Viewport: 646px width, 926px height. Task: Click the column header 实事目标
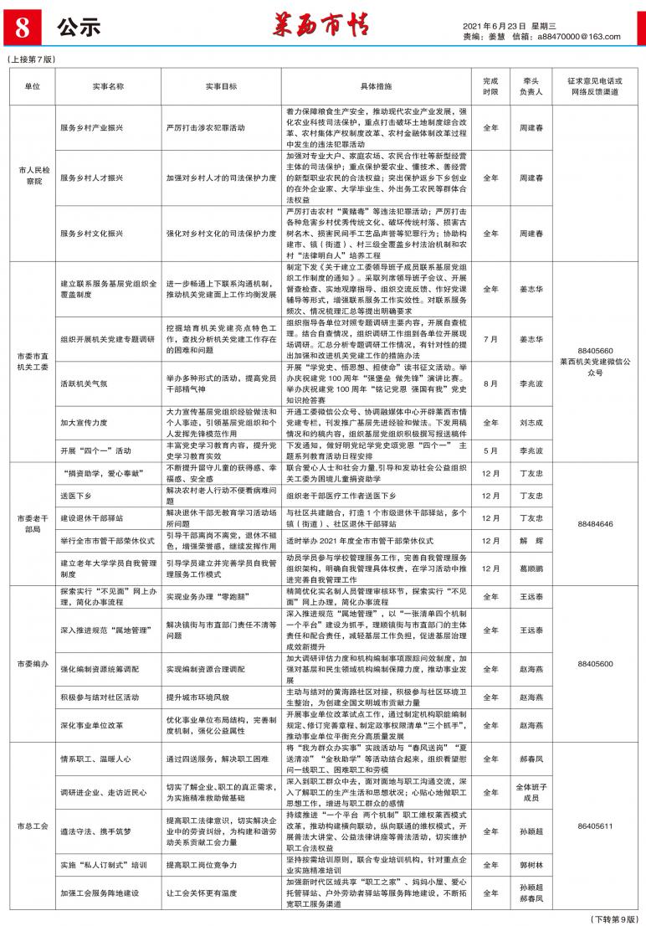pyautogui.click(x=221, y=86)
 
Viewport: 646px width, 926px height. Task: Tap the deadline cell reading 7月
pyautogui.click(x=490, y=339)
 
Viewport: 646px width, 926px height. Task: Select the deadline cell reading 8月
pyautogui.click(x=490, y=382)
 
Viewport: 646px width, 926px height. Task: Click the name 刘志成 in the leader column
pyautogui.click(x=531, y=423)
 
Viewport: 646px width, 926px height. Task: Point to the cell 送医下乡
pyautogui.click(x=76, y=495)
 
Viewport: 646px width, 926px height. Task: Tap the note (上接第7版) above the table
pyautogui.click(x=31, y=59)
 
